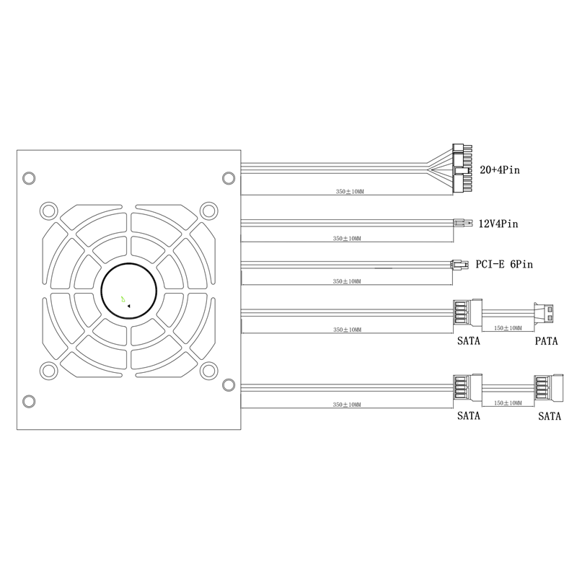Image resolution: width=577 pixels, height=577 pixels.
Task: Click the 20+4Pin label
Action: point(500,170)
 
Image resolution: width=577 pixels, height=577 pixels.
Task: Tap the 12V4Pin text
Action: point(498,224)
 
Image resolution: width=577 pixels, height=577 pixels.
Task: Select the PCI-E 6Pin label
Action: point(503,265)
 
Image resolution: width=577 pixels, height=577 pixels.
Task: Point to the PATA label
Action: point(546,341)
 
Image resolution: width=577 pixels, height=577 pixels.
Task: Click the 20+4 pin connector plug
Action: point(460,168)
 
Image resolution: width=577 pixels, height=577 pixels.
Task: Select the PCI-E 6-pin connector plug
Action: point(457,264)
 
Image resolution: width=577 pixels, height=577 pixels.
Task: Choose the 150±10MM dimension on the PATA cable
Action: point(507,327)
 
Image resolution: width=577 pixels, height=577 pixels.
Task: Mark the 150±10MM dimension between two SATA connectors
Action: point(507,404)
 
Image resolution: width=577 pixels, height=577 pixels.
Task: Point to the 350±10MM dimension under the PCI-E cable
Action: point(347,280)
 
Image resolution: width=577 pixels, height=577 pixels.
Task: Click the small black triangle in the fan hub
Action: point(128,306)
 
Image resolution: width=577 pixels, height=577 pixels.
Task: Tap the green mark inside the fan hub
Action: point(123,296)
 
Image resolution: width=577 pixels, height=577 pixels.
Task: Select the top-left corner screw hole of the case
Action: point(30,178)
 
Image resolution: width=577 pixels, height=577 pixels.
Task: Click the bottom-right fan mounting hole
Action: point(208,370)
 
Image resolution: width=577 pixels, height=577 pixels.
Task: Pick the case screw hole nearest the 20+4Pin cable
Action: point(228,178)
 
